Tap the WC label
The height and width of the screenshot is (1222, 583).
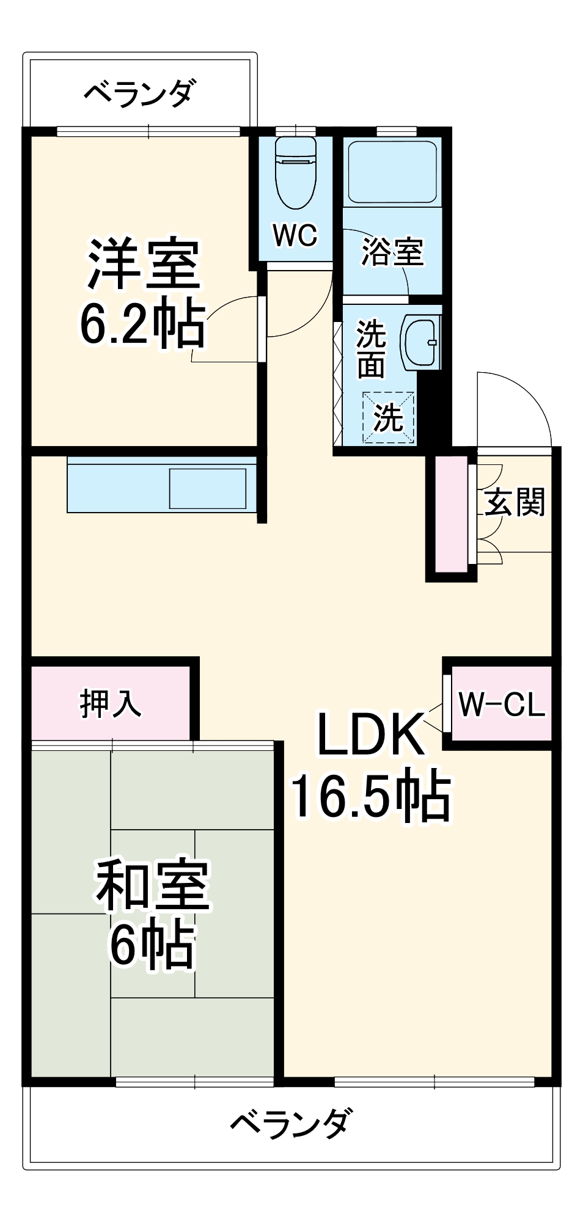point(295,235)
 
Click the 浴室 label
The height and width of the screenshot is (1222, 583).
point(392,251)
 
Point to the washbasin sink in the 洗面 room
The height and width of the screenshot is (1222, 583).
point(420,342)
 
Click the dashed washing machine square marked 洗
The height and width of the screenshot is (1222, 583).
point(389,418)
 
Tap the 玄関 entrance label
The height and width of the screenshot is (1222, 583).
point(515,502)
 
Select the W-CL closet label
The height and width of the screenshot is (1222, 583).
point(502,704)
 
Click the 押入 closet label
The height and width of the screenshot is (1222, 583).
point(111,704)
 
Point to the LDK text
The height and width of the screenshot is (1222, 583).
point(371,734)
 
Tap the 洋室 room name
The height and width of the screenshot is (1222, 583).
point(144,264)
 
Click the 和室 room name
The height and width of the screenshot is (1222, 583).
point(153,885)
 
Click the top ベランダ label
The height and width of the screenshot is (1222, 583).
point(140,93)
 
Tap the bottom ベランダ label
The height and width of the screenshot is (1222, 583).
point(291,1123)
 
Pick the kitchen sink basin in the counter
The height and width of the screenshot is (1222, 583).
point(208,488)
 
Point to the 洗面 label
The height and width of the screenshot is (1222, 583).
point(371,349)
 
